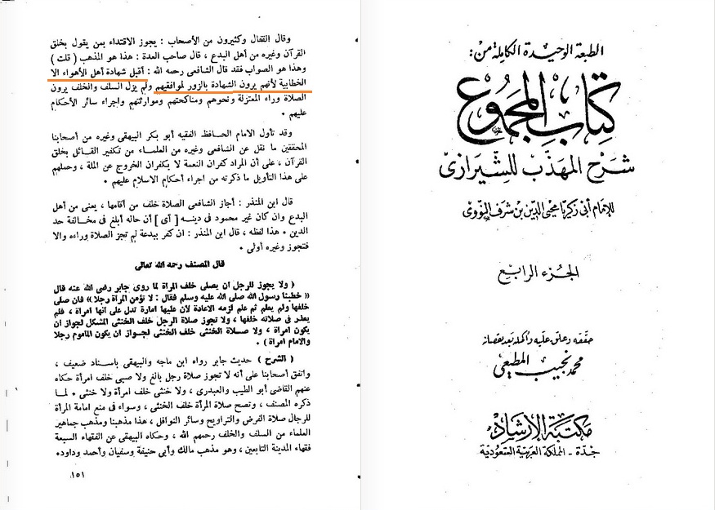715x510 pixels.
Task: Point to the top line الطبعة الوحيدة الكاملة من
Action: pos(541,51)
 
